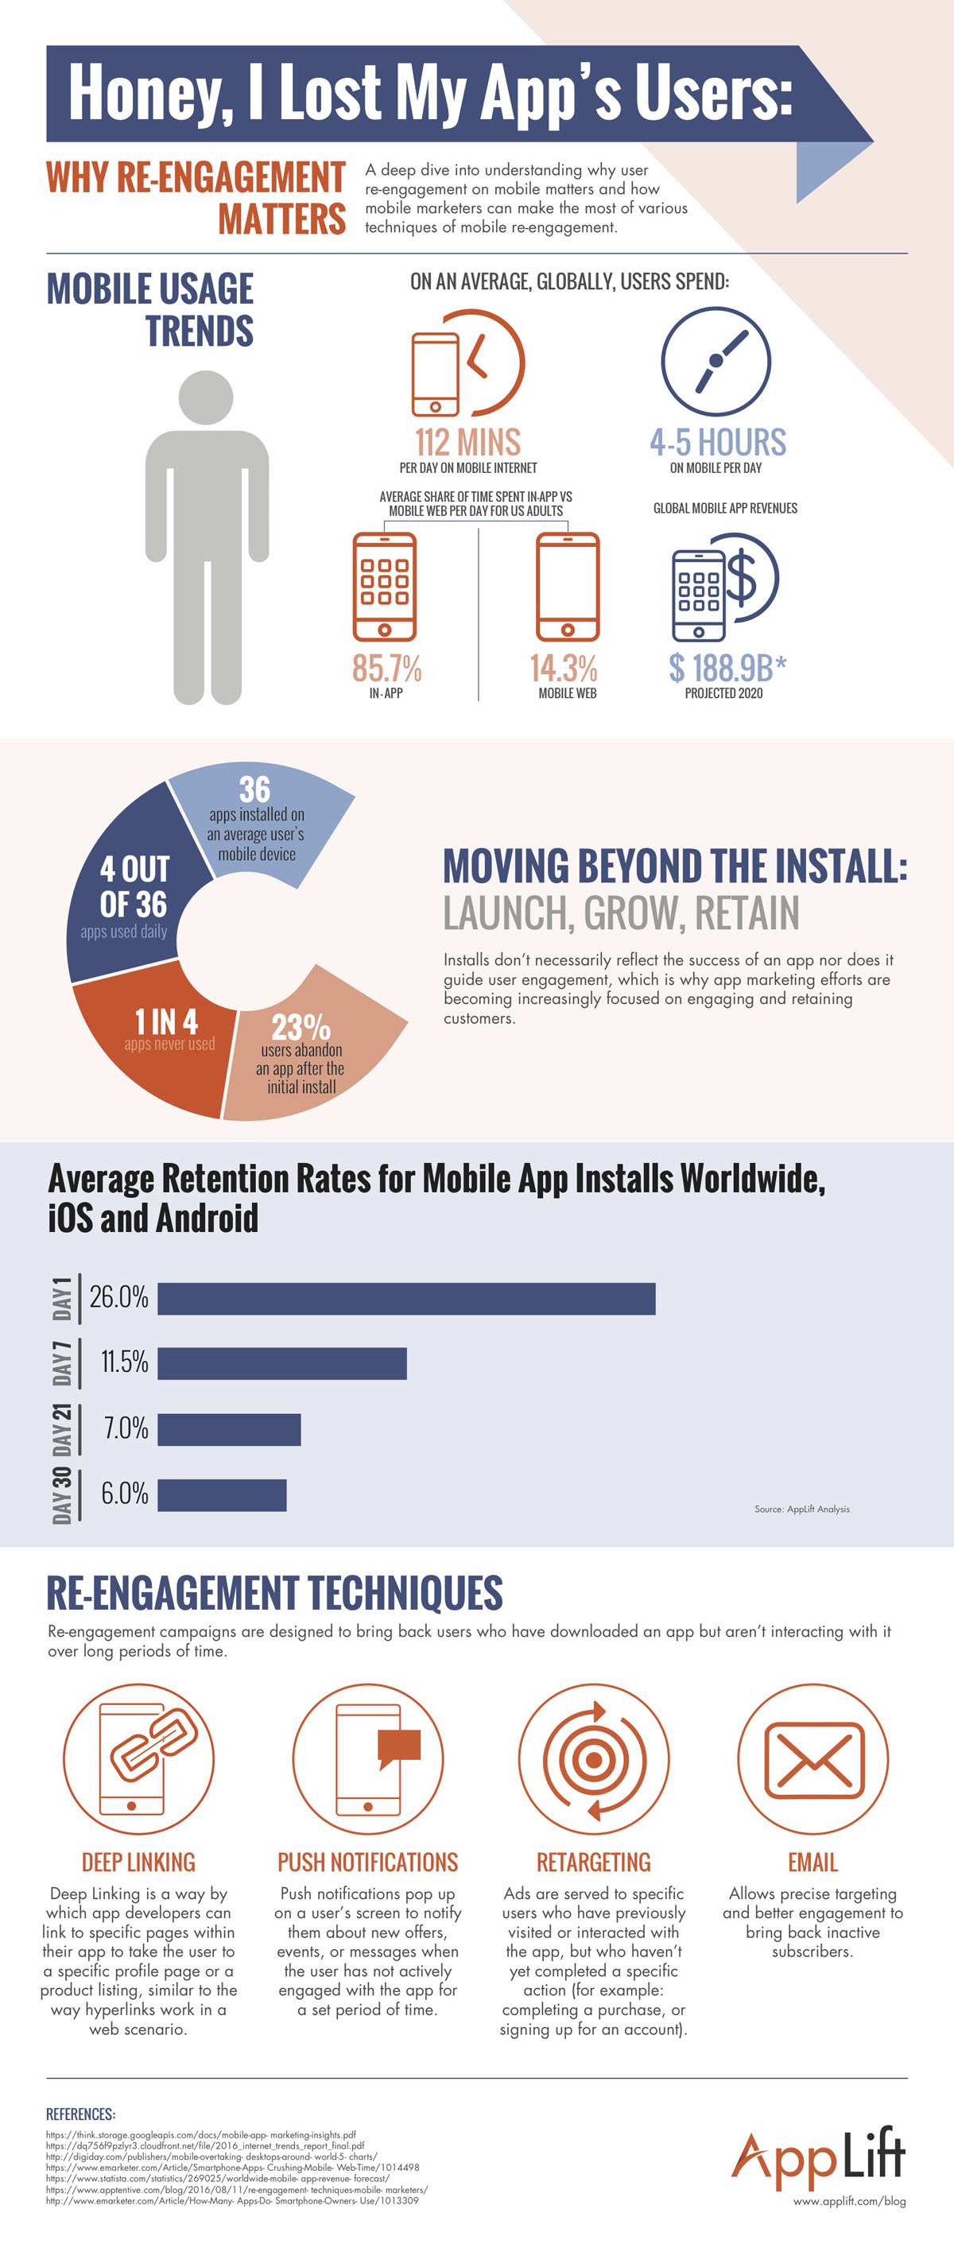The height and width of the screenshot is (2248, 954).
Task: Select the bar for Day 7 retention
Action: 282,1363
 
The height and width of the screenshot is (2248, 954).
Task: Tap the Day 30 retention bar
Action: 222,1495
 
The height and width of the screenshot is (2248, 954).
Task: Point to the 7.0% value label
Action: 126,1428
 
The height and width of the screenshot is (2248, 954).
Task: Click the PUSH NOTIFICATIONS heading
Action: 367,1862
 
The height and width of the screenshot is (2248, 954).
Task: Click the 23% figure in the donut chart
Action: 301,1026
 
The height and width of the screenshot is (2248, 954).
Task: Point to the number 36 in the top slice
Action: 255,790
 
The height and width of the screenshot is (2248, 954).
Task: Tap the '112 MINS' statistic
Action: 467,443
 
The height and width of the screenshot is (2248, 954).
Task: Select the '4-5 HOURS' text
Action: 717,443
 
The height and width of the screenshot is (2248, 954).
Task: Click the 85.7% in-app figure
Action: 386,669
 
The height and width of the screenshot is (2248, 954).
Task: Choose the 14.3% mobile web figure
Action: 564,669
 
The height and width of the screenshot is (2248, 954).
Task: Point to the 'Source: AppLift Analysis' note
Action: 801,1509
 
